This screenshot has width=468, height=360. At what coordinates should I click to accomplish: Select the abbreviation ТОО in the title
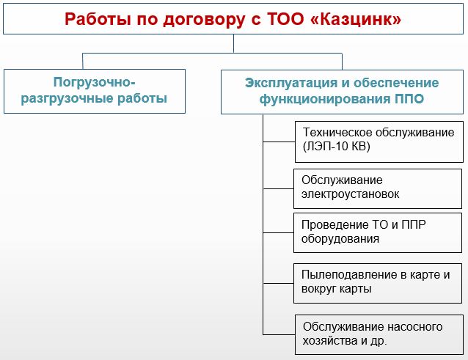[x=285, y=19]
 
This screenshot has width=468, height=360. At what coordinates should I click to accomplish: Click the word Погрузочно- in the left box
[x=95, y=82]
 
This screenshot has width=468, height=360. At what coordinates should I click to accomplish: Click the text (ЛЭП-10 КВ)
[x=337, y=147]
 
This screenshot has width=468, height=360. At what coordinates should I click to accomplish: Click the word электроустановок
[x=350, y=194]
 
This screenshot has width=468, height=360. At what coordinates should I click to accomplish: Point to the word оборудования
[x=340, y=238]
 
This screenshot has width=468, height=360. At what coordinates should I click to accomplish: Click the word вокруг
[x=319, y=289]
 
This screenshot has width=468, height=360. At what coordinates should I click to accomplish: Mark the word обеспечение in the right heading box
[x=396, y=83]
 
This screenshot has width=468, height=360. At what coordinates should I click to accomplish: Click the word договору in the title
[x=203, y=20]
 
